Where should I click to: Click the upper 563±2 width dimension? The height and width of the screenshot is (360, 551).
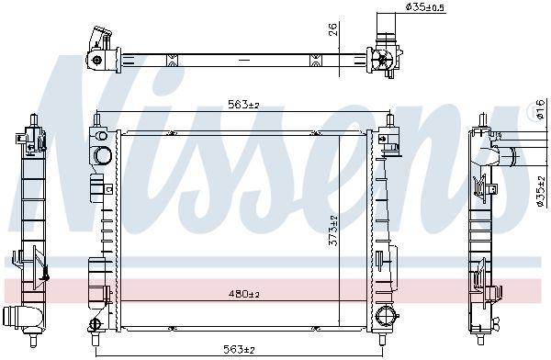(243, 105)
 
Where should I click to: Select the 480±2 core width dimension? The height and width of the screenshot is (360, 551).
(243, 294)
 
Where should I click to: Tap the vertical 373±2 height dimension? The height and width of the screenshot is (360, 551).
(332, 231)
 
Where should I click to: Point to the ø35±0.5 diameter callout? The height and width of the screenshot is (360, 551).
(425, 7)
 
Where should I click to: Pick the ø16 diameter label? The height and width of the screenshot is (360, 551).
(541, 108)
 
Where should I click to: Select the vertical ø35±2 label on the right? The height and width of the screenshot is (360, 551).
(541, 191)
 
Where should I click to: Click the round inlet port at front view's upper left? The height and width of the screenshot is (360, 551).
(103, 155)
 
